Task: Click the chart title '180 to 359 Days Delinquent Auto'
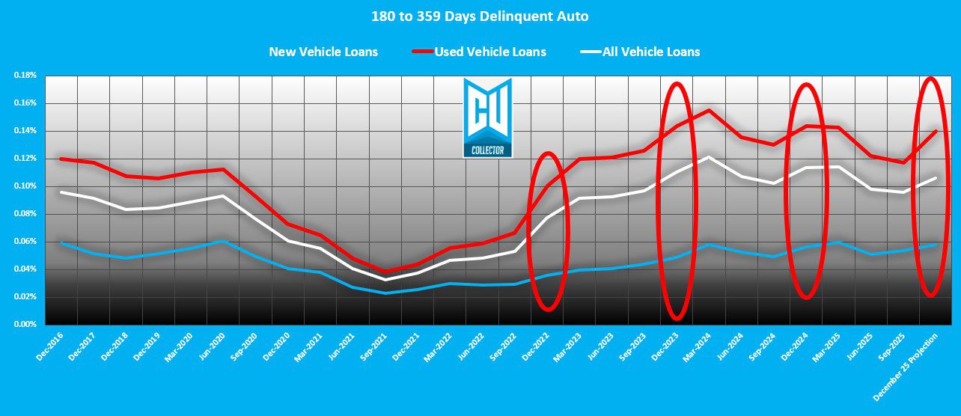click(x=480, y=16)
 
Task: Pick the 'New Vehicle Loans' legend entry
click(x=323, y=52)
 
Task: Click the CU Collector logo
click(x=487, y=117)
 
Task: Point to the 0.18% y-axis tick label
click(x=25, y=76)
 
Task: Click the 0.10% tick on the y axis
click(x=25, y=186)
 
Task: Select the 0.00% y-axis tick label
click(x=25, y=325)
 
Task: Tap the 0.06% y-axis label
click(x=25, y=242)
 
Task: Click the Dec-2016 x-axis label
click(x=48, y=346)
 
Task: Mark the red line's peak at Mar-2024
click(x=708, y=111)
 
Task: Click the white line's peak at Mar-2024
click(x=708, y=157)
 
